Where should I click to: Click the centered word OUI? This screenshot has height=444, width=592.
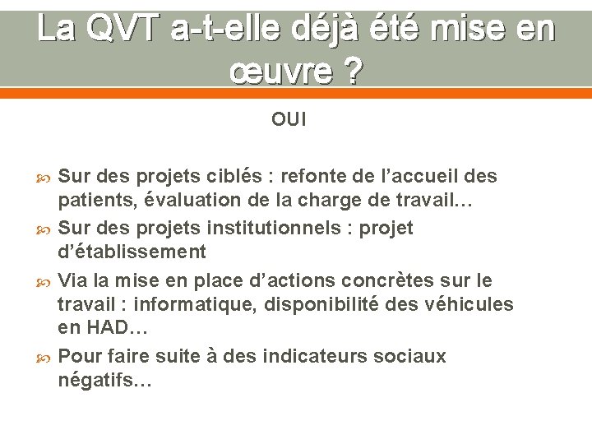pos(289,120)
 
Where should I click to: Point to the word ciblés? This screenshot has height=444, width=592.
pos(225,177)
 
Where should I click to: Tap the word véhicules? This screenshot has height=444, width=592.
pos(466,305)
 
